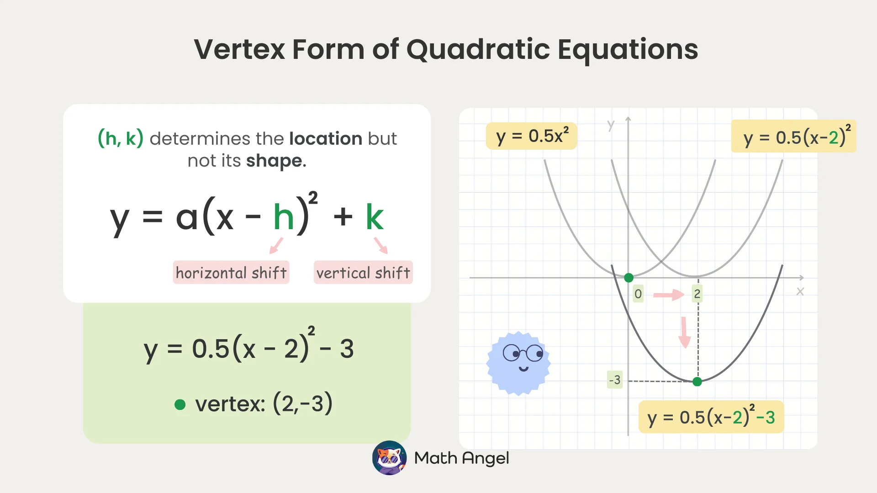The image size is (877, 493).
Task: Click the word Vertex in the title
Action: pos(239,49)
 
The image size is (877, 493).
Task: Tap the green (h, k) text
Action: pos(121,138)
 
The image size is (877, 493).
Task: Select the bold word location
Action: pos(326,138)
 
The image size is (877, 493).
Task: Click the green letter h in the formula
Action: pos(283,217)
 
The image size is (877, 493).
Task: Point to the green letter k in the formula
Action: pos(375,217)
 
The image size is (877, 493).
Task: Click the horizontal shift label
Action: pos(231,273)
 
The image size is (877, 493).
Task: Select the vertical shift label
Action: pos(363,273)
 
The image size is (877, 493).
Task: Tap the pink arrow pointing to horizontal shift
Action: pos(276,246)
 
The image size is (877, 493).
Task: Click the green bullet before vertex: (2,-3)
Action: pos(180,404)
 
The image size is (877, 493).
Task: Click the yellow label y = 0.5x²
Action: pos(532,136)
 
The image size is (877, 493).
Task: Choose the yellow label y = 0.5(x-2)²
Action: pos(794,136)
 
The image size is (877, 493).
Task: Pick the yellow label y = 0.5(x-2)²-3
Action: pos(711,417)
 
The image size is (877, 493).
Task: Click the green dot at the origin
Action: pos(629,278)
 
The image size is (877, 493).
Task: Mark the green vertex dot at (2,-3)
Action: pos(697,382)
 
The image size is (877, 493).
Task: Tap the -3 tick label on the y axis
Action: pos(615,380)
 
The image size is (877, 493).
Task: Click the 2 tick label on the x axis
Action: pos(697,294)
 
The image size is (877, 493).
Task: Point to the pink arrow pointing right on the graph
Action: pos(669,295)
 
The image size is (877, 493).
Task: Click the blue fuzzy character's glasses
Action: pos(523,353)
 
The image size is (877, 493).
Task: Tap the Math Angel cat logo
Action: pos(389,458)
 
